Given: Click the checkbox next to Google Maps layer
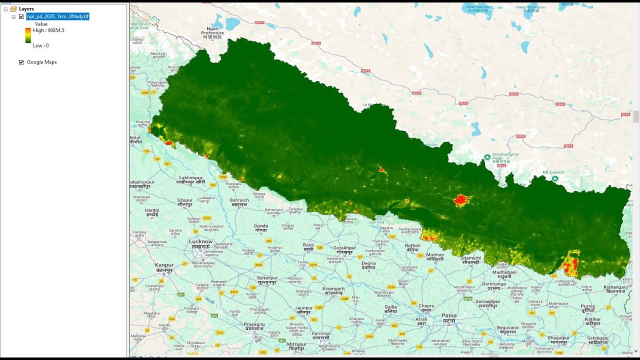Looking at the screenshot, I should point(21,62).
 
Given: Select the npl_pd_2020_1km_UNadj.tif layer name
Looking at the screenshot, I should point(58,16).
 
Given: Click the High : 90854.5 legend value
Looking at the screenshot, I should point(48,30).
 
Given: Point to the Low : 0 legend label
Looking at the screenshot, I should point(40,45).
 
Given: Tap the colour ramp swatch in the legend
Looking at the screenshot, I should point(28,35).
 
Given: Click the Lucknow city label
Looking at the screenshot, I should point(201,242).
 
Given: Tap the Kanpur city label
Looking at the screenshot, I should point(164,265).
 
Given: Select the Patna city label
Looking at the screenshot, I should point(448,316).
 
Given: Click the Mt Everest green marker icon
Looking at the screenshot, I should point(554,178).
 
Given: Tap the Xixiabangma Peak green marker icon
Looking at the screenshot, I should point(487,157).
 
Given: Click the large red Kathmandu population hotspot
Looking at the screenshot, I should point(460,200).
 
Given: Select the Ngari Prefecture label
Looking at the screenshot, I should point(212,33).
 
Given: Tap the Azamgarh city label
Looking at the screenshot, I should point(333,289).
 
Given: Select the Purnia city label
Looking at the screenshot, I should point(588,306).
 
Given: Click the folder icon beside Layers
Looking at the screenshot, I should point(13,9).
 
